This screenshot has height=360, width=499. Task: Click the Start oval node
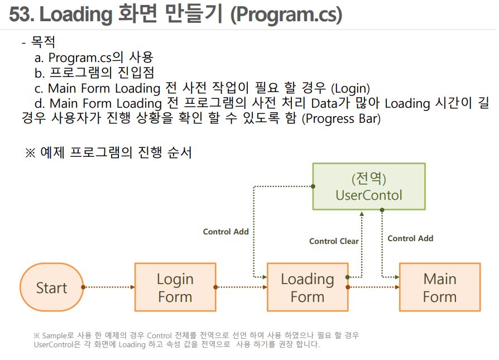tap(51, 287)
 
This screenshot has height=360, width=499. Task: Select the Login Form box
tap(175, 287)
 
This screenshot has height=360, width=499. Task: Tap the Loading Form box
tap(308, 287)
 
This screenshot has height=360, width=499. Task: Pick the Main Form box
tap(440, 287)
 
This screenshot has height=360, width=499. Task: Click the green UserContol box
tap(368, 186)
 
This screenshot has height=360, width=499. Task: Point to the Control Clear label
tap(334, 241)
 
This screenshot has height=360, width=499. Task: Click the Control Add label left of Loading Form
tap(225, 232)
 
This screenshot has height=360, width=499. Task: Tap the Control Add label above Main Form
tap(410, 238)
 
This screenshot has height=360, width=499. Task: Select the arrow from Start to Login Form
tap(109, 287)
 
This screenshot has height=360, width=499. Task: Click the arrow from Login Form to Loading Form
tap(241, 287)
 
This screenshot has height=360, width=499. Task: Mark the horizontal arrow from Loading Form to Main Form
tap(373, 287)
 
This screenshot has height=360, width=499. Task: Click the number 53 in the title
tap(21, 15)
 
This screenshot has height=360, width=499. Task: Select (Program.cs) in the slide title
tap(286, 15)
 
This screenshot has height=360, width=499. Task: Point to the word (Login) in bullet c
tap(351, 88)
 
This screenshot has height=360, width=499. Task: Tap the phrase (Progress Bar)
tap(341, 118)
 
